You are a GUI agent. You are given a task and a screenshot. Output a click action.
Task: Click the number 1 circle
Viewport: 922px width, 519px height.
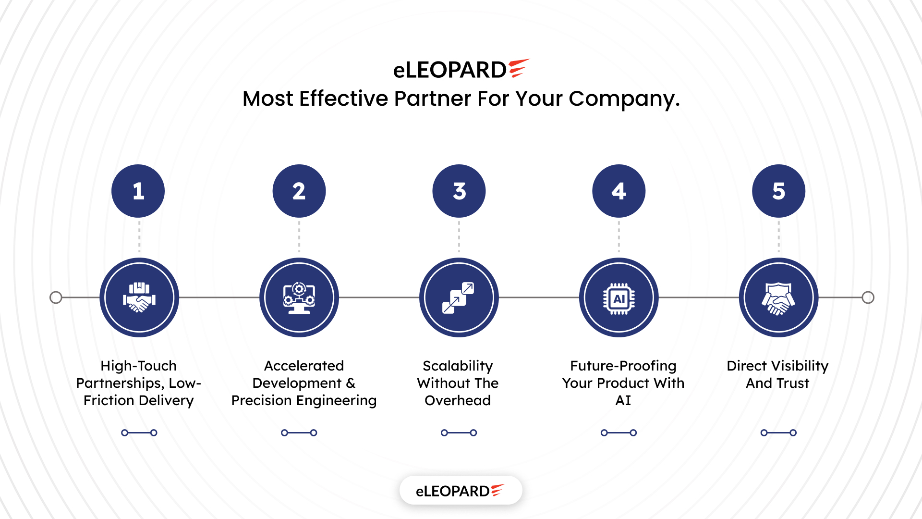click(x=138, y=191)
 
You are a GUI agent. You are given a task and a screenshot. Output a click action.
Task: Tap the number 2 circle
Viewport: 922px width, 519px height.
click(x=299, y=191)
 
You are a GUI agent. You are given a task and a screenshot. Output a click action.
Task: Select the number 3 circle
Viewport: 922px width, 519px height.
click(x=459, y=191)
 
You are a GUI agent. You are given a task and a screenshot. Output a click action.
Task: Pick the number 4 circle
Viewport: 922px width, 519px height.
click(x=619, y=191)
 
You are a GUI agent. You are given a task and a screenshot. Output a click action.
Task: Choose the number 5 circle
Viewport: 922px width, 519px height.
click(x=779, y=191)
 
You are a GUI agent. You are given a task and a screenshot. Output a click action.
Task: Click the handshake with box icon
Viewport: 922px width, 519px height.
click(x=139, y=297)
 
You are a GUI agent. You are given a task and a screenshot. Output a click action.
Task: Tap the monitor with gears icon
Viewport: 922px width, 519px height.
click(x=299, y=298)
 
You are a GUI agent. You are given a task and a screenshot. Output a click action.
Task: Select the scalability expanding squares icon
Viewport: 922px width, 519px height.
click(x=459, y=298)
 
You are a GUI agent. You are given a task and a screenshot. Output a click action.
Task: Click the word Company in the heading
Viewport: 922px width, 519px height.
click(x=625, y=99)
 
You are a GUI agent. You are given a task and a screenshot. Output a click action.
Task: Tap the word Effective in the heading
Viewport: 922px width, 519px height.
click(x=344, y=99)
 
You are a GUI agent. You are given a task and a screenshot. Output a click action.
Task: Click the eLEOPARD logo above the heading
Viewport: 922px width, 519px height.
click(x=461, y=69)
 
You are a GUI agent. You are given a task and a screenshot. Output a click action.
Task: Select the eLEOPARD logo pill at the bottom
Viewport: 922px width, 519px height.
click(x=461, y=491)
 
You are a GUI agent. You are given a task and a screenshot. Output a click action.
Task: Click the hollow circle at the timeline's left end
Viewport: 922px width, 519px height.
click(x=56, y=297)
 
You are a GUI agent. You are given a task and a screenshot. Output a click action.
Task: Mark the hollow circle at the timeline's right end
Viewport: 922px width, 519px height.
click(x=868, y=297)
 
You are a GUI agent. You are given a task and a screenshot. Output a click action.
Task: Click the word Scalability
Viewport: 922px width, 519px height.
click(x=458, y=366)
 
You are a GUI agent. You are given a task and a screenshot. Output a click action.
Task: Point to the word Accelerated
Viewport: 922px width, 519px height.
click(x=304, y=366)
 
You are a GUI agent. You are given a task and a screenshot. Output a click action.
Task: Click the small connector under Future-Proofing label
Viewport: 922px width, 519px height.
click(x=619, y=433)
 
